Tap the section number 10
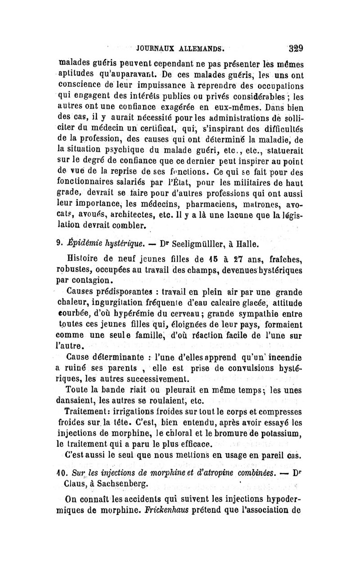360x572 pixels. [x=62, y=459]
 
